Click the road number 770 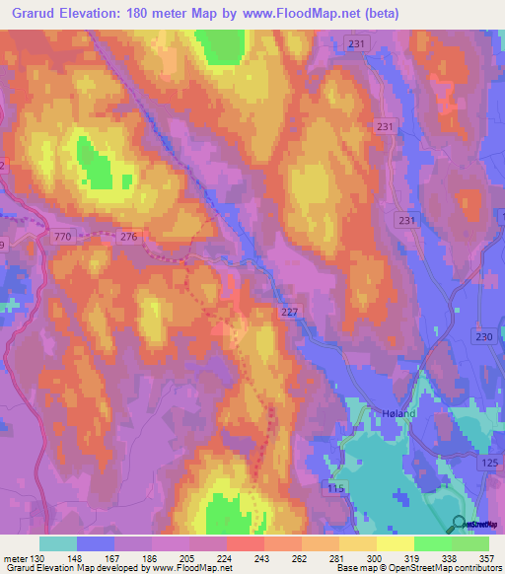pyautogui.click(x=63, y=237)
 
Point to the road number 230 pyautogui.click(x=483, y=337)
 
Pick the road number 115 pyautogui.click(x=336, y=489)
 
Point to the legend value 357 pyautogui.click(x=487, y=559)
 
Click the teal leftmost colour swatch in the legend pyautogui.click(x=58, y=543)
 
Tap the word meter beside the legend pyautogui.click(x=14, y=559)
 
